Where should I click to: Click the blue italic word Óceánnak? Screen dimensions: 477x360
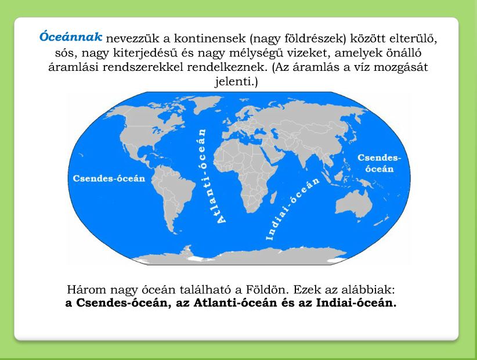pyautogui.click(x=71, y=37)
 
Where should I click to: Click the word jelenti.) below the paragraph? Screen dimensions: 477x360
pyautogui.click(x=236, y=81)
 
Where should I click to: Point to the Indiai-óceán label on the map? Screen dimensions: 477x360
pyautogui.click(x=292, y=209)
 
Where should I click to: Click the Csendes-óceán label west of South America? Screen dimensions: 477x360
pyautogui.click(x=109, y=178)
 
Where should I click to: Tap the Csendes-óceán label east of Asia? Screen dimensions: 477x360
pyautogui.click(x=380, y=163)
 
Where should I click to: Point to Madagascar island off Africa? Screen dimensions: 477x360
pyautogui.click(x=273, y=197)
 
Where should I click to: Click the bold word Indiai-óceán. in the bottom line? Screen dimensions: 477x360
pyautogui.click(x=356, y=303)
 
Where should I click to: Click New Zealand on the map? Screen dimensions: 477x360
pyautogui.click(x=382, y=221)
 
